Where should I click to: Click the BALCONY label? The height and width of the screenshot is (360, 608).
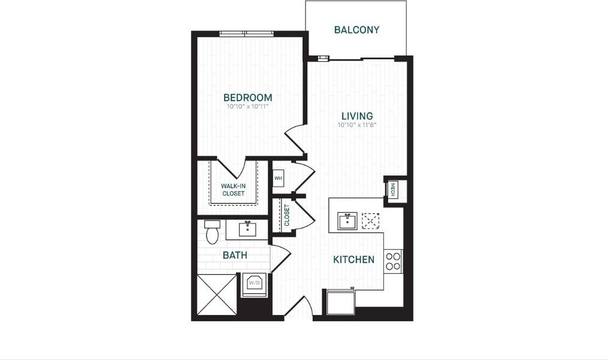point(356,30)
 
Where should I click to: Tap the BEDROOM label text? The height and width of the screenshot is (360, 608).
point(247,98)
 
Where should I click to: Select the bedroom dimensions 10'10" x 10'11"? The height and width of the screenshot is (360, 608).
point(247,107)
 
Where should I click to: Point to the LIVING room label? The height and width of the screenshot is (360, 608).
point(357,116)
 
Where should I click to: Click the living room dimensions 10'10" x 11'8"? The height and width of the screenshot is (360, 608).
point(357,125)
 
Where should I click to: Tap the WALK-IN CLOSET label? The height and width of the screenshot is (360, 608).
point(233,190)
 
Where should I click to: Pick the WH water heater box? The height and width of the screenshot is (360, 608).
point(278,178)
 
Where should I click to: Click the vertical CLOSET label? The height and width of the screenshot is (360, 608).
point(287,216)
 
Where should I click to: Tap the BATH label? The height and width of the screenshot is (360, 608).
point(235,255)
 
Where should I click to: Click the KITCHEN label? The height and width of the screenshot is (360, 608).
point(354,259)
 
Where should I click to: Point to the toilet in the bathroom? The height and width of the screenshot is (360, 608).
point(212,232)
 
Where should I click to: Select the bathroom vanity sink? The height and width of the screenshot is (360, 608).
point(247,229)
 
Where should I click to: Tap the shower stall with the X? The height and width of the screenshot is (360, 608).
point(217,294)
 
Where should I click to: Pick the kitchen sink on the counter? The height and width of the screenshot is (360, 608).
point(347,221)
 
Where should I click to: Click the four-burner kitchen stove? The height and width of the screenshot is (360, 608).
point(394,261)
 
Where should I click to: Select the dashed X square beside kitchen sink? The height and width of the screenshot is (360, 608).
point(371,220)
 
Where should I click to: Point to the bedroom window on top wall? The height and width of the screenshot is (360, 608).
point(246,34)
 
